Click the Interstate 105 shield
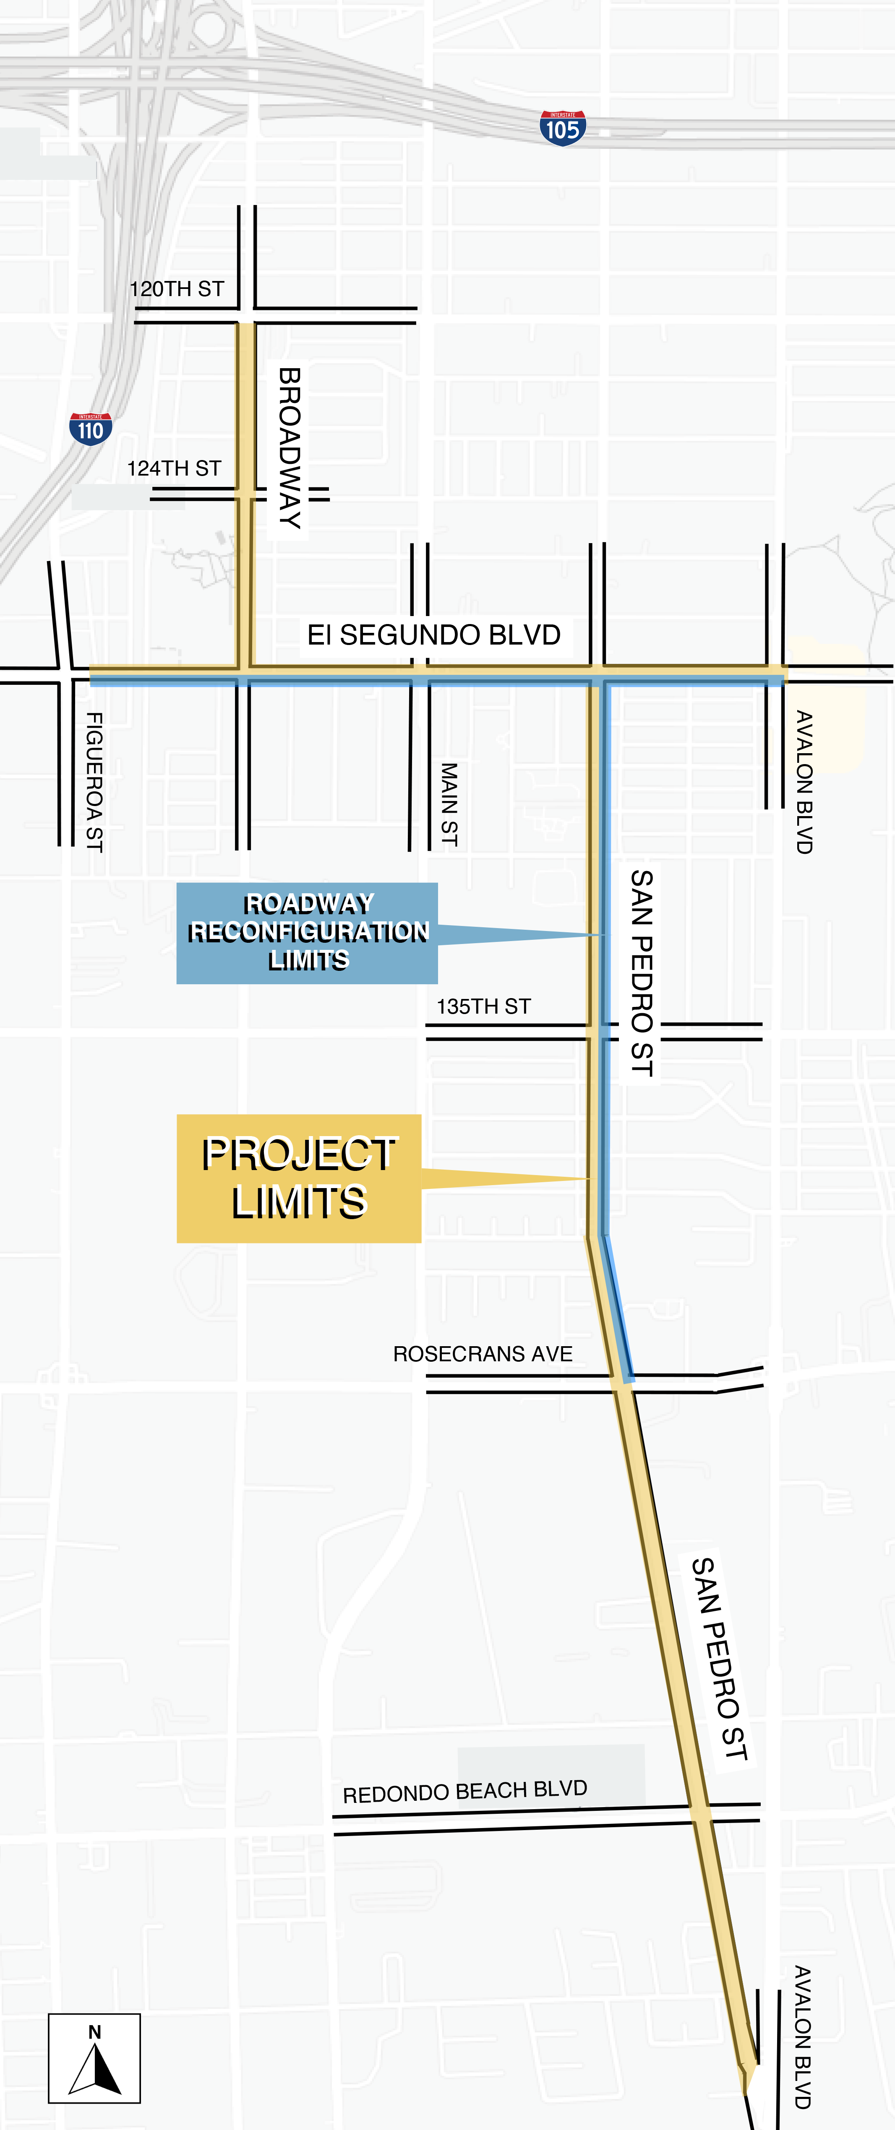[563, 128]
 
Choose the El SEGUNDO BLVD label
[433, 635]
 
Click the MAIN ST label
[448, 804]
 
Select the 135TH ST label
[484, 1006]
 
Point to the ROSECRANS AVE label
[482, 1354]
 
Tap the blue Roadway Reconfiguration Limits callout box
[307, 933]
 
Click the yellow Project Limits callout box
[299, 1178]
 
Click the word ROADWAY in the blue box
[308, 903]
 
